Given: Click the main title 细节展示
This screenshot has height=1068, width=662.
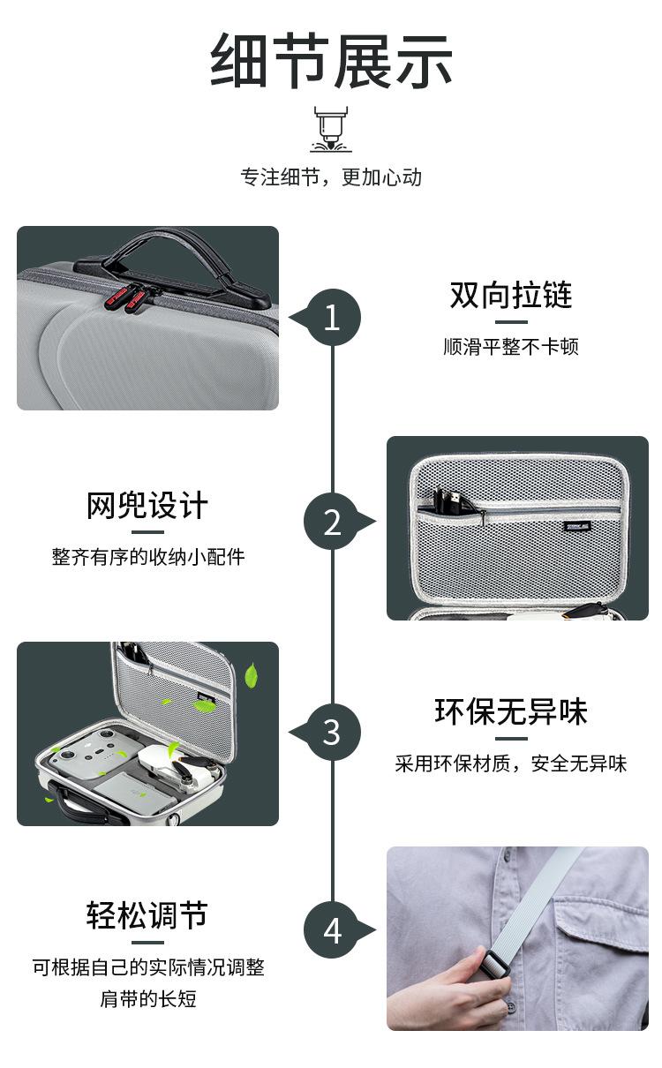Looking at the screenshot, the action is (331, 61).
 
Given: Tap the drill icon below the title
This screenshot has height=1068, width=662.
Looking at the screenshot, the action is (331, 129).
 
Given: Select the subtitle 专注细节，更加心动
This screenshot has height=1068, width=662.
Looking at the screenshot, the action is (331, 177).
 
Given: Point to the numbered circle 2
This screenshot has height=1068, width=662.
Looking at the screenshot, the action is (333, 521).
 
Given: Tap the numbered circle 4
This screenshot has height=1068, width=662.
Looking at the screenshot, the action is (333, 929).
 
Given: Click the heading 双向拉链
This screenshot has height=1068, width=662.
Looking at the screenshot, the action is (511, 295).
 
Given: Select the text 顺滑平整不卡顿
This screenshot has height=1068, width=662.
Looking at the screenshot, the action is (511, 347).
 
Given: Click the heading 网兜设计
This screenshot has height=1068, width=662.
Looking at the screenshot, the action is (147, 505).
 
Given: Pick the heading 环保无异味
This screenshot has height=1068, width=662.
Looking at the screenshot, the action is (511, 711).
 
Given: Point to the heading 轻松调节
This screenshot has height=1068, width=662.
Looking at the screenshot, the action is (147, 915).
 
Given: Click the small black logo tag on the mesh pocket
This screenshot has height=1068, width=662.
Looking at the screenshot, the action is (577, 526).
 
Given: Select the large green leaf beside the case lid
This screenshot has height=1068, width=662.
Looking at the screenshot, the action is (251, 675).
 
